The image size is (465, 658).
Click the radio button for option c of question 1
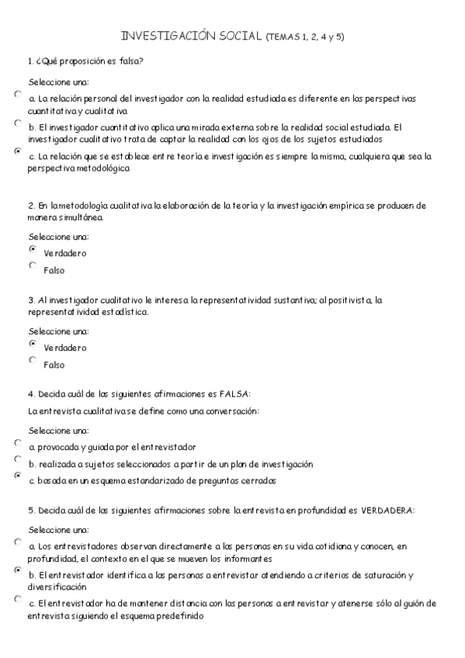[18, 151]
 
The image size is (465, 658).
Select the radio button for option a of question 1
[18, 95]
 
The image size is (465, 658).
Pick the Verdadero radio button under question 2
[33, 249]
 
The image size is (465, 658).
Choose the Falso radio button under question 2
[33, 265]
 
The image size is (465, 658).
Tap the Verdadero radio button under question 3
[33, 343]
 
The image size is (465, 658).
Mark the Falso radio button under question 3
[33, 360]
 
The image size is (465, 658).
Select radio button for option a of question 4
[18, 442]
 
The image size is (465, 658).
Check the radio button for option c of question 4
[18, 476]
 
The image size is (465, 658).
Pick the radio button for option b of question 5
[18, 570]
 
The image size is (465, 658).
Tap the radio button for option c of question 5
[18, 598]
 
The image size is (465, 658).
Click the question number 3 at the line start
[29, 300]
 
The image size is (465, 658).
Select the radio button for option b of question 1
[18, 123]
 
